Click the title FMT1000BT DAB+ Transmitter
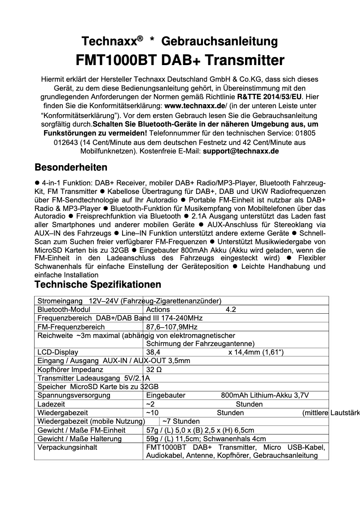click(x=180, y=60)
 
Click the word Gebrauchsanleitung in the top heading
click(x=219, y=42)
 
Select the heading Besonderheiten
click(x=71, y=167)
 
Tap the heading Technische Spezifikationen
click(x=98, y=285)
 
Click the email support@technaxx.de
click(x=241, y=151)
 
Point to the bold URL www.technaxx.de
click(x=195, y=106)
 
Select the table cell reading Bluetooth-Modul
click(x=64, y=309)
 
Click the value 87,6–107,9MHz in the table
click(x=172, y=327)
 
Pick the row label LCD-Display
click(x=57, y=352)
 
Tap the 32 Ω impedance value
click(x=154, y=370)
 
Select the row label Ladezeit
click(x=51, y=404)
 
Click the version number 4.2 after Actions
click(x=231, y=309)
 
